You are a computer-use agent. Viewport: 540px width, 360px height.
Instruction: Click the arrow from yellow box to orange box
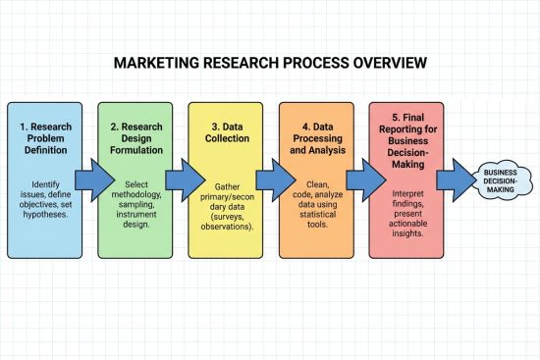coord(271,180)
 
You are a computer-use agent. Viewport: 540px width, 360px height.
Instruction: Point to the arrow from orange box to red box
coord(361,180)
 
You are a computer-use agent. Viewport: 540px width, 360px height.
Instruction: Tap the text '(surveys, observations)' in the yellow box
coord(226,221)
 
